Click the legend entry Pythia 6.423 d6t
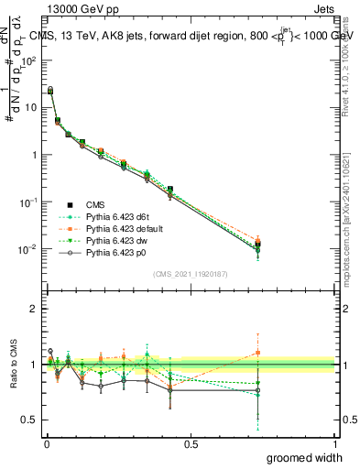pyautogui.click(x=118, y=215)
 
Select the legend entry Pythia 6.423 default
pyautogui.click(x=125, y=227)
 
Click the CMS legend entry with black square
pyautogui.click(x=95, y=203)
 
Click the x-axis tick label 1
pyautogui.click(x=334, y=444)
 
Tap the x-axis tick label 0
pyautogui.click(x=47, y=444)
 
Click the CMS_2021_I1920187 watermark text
pyautogui.click(x=191, y=274)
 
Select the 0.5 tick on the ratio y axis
pyautogui.click(x=32, y=420)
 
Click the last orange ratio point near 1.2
pyautogui.click(x=257, y=353)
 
